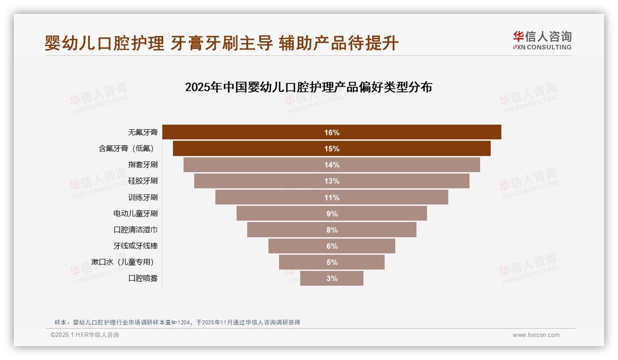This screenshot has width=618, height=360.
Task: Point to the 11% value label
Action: point(332,198)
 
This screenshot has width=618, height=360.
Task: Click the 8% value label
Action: point(332,230)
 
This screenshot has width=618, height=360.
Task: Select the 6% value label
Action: point(332,246)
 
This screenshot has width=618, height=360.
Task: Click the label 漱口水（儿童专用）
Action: point(123,262)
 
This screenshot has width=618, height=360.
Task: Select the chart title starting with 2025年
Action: point(308,87)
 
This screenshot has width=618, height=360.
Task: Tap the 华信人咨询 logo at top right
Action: point(542,41)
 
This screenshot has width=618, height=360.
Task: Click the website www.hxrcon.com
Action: point(536,335)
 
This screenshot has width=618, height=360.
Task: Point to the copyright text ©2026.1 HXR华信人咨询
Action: point(85,335)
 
